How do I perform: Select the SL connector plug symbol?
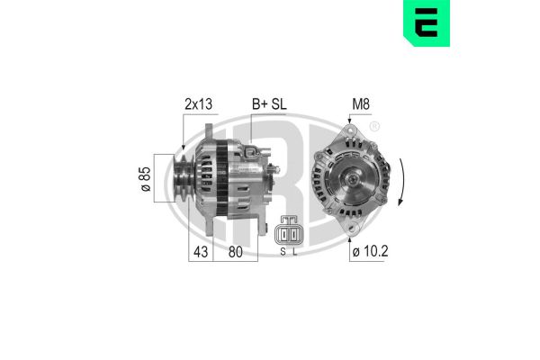[290, 232]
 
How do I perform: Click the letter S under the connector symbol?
[282, 252]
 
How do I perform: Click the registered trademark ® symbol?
[375, 126]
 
